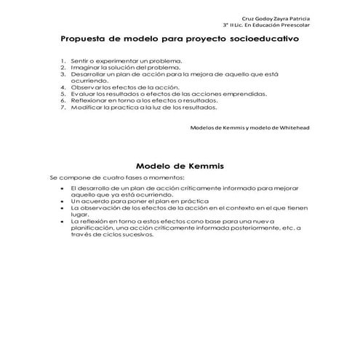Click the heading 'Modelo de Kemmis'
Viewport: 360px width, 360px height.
tap(180, 165)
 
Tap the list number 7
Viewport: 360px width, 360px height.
tap(63, 107)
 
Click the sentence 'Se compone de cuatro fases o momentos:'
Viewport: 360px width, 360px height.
tap(117, 177)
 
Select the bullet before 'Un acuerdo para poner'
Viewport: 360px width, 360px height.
tap(64, 200)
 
